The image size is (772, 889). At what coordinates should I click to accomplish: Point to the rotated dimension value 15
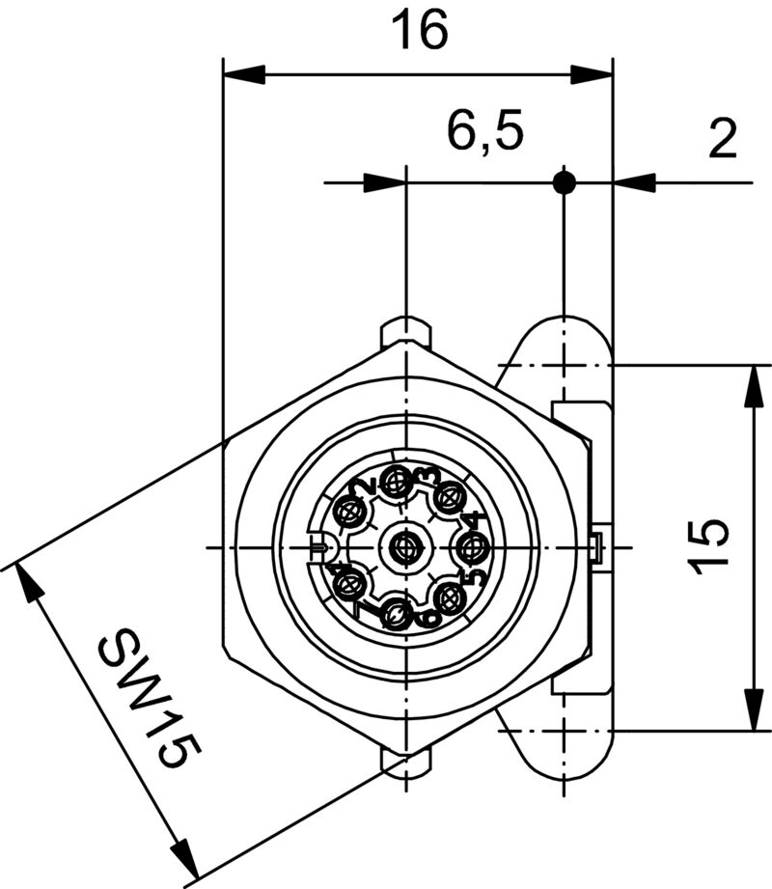pos(711,547)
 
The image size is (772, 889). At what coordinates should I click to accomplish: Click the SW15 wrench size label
pos(145,698)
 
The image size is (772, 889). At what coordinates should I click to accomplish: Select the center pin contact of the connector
pos(404,549)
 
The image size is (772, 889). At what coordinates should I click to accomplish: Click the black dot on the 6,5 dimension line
pos(565,181)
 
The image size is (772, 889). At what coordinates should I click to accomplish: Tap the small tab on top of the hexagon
pos(406,332)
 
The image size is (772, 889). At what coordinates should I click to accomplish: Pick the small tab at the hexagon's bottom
pos(406,763)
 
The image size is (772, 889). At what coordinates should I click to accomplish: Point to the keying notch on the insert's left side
pos(321,548)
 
